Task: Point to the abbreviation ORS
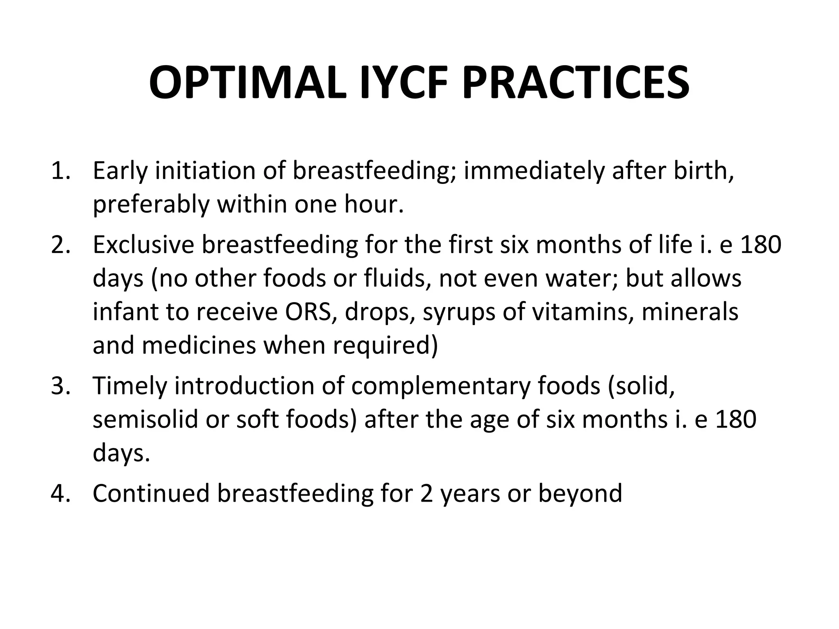[311, 312]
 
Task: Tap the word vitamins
[583, 312]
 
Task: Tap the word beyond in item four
[580, 493]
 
